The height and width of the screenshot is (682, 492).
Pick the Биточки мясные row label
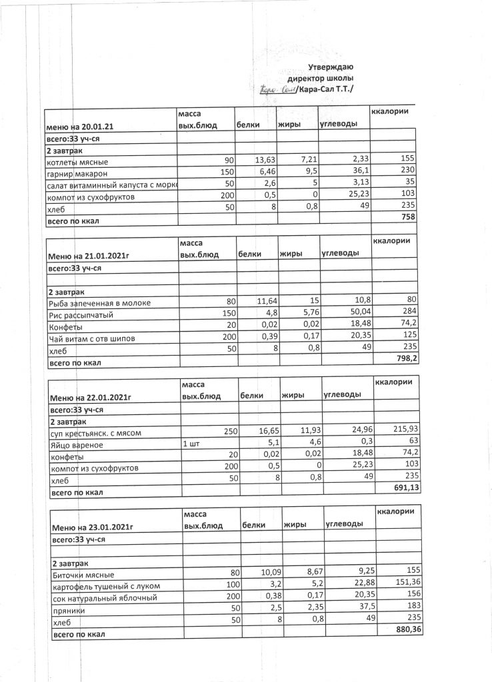point(83,575)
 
